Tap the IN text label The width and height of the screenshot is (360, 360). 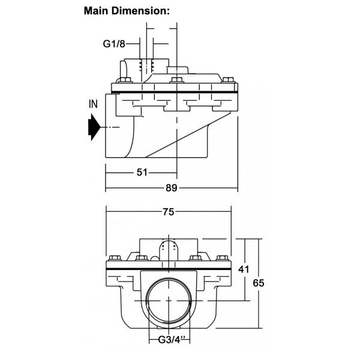click(x=94, y=104)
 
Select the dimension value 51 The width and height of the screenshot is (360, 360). click(x=142, y=172)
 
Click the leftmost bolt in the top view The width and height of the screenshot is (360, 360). click(x=119, y=82)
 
